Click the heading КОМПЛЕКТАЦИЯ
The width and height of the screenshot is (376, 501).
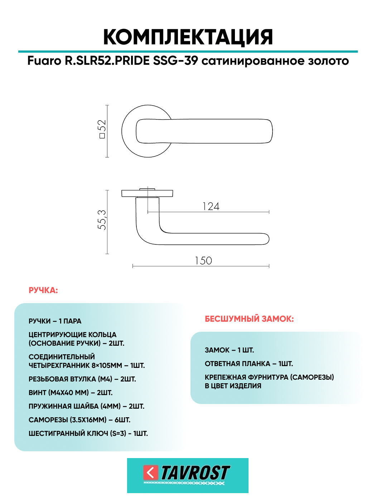188,37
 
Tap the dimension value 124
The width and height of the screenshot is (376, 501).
211,206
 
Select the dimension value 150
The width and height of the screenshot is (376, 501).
203,261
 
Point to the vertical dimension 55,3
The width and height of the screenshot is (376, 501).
102,220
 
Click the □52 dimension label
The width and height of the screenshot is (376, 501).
102,129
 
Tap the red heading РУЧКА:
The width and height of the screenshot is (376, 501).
43,290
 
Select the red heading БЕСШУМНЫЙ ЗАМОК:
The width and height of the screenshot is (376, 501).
249,319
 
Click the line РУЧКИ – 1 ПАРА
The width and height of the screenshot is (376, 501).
55,321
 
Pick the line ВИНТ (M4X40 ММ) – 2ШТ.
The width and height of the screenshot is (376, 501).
71,393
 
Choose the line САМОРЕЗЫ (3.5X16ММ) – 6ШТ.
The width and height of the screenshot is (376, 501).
79,420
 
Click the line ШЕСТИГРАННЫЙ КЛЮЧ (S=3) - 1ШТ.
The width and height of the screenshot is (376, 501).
88,433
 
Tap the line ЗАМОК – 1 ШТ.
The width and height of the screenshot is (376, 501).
229,350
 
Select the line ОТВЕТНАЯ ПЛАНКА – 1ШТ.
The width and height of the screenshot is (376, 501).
249,364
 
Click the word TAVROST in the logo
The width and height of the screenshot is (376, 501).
195,473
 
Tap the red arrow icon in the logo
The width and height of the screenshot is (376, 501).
150,472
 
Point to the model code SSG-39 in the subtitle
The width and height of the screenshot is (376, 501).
175,61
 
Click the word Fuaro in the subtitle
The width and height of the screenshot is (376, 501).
44,61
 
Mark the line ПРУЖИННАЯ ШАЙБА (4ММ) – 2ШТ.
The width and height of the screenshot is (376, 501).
86,406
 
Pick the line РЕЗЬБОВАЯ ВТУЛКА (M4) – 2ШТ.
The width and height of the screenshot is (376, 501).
82,379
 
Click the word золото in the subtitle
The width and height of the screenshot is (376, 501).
328,61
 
